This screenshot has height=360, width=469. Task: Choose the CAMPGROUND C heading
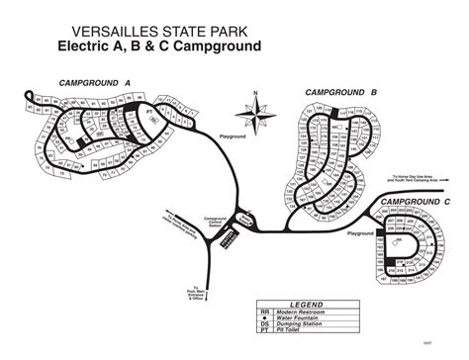click(416, 201)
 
